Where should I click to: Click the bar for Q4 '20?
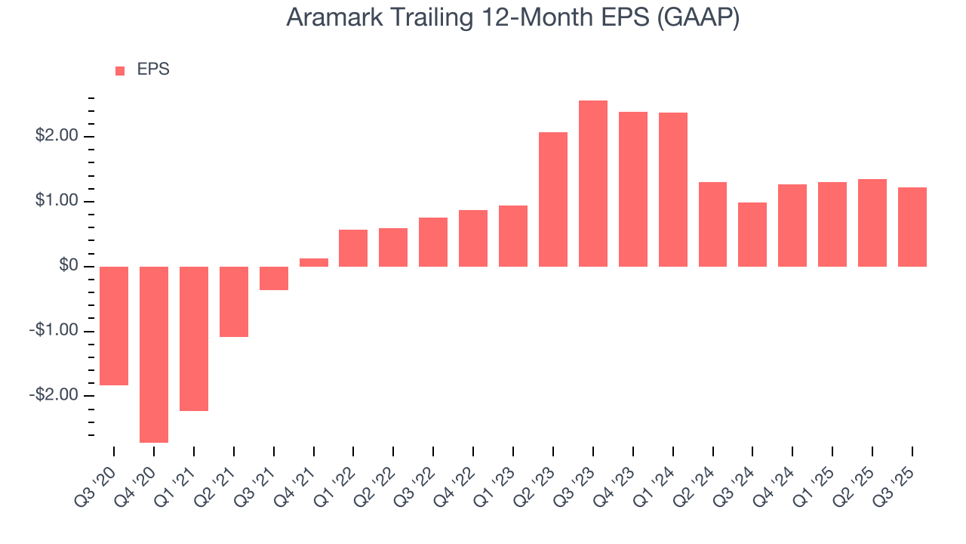[154, 354]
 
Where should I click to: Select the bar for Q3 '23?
[593, 184]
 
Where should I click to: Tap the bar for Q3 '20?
[114, 326]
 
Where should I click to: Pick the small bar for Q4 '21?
[314, 262]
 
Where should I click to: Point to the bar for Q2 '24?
[712, 224]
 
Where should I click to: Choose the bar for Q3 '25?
[912, 227]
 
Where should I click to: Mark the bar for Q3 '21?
[274, 278]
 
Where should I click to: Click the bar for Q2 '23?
[553, 199]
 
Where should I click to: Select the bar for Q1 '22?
[353, 248]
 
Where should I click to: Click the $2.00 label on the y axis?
[57, 137]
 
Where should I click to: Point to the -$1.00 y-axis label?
[54, 331]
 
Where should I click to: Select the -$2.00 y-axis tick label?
[54, 396]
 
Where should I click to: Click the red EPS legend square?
[120, 71]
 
